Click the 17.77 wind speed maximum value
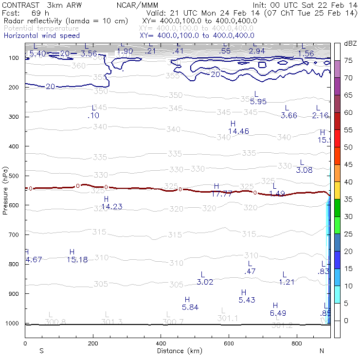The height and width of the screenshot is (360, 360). [221, 194]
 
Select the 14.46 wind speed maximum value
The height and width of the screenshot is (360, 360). [238, 131]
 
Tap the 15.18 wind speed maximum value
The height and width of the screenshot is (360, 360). [77, 259]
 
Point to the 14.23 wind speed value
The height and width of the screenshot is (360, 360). [111, 206]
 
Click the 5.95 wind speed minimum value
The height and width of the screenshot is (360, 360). [258, 102]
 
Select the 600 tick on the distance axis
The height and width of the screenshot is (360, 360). [229, 343]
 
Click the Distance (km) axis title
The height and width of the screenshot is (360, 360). [178, 351]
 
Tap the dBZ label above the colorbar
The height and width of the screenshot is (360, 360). [350, 44]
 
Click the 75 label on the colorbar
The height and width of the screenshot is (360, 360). [348, 60]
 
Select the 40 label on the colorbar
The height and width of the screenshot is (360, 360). [348, 182]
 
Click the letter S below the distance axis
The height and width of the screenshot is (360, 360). [42, 351]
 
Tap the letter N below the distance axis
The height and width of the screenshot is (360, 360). [322, 351]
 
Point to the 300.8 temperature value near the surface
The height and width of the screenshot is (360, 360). [55, 322]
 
